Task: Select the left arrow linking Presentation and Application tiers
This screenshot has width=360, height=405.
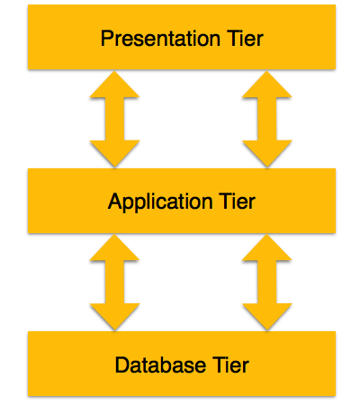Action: coord(114,120)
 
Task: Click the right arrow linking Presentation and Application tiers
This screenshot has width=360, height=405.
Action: coord(266,120)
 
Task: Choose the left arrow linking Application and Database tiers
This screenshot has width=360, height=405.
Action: coord(114,283)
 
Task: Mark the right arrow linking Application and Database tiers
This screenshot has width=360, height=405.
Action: coord(266,283)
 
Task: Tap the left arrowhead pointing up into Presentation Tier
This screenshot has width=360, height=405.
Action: coord(114,86)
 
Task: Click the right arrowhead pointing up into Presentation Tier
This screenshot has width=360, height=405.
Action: coord(266,86)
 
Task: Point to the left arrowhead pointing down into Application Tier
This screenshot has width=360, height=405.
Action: coord(114,153)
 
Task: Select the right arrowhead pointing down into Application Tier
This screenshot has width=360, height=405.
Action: coord(266,153)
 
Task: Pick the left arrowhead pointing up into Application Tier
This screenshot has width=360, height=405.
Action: coord(114,249)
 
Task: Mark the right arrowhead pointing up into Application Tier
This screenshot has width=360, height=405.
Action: coord(266,249)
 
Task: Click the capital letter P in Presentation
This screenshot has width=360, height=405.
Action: coord(107,39)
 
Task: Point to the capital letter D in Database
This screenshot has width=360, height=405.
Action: coord(121,364)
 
